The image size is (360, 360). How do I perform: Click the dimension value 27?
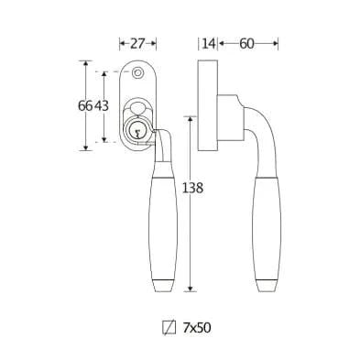click(x=137, y=44)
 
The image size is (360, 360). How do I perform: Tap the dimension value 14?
click(x=209, y=44)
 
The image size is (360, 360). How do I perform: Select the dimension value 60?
click(x=246, y=44)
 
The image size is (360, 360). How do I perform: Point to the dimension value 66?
click(x=85, y=106)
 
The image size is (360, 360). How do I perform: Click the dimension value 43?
click(x=101, y=106)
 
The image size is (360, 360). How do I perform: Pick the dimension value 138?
click(x=192, y=188)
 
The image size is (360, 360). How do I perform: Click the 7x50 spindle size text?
click(x=197, y=328)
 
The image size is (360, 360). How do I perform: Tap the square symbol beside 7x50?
click(x=169, y=328)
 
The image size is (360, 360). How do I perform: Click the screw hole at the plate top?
click(x=137, y=72)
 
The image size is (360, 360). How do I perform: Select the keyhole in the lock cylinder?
click(x=137, y=133)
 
